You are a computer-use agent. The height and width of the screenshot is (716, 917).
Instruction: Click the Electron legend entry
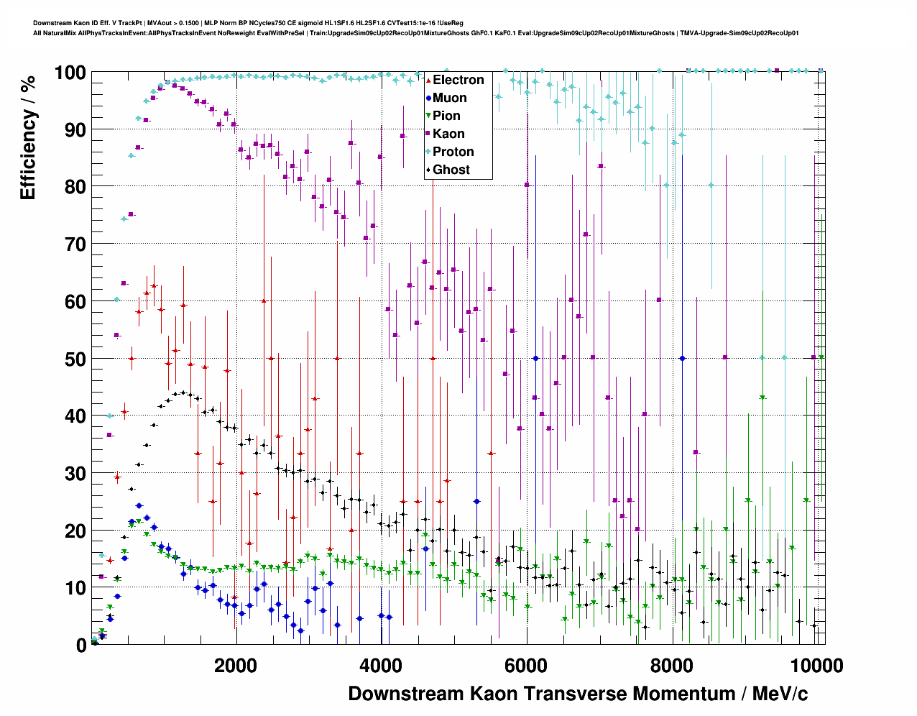458,80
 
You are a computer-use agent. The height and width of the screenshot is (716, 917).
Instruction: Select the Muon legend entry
449,98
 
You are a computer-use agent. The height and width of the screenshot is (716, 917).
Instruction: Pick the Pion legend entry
446,116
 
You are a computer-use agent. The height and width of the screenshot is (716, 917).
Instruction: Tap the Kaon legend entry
448,134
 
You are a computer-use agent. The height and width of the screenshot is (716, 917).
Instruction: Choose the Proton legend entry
453,152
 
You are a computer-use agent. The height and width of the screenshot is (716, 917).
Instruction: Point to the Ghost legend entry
451,170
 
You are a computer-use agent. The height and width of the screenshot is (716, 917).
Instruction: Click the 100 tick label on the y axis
70,73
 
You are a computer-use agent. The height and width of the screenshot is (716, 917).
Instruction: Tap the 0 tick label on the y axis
80,645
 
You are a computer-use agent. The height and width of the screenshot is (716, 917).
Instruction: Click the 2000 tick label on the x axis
236,666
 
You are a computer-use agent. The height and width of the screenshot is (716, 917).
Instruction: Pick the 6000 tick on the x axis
527,666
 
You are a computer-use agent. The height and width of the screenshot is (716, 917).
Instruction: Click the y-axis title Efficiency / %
28,137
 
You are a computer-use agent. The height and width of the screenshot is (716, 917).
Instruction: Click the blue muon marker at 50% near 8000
682,358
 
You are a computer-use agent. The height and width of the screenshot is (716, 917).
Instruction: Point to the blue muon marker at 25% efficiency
476,501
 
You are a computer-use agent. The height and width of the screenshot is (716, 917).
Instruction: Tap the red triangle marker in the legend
428,80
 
